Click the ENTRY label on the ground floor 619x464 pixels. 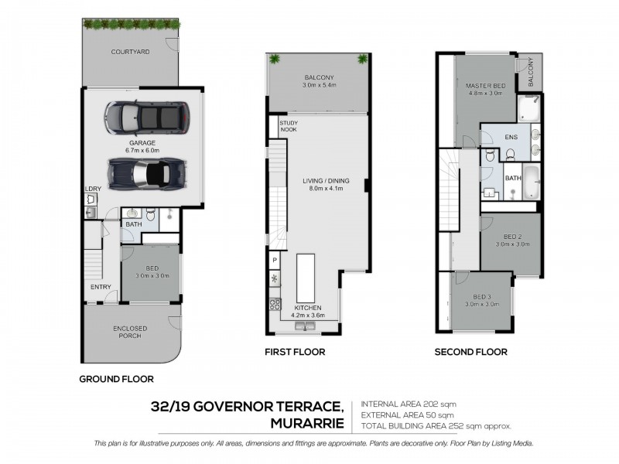point(100,287)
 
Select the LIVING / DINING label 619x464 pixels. point(326,181)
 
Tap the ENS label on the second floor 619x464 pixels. point(511,137)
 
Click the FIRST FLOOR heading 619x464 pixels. point(294,352)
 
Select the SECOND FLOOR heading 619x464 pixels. point(471,352)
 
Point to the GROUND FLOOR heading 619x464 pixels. point(117,379)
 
